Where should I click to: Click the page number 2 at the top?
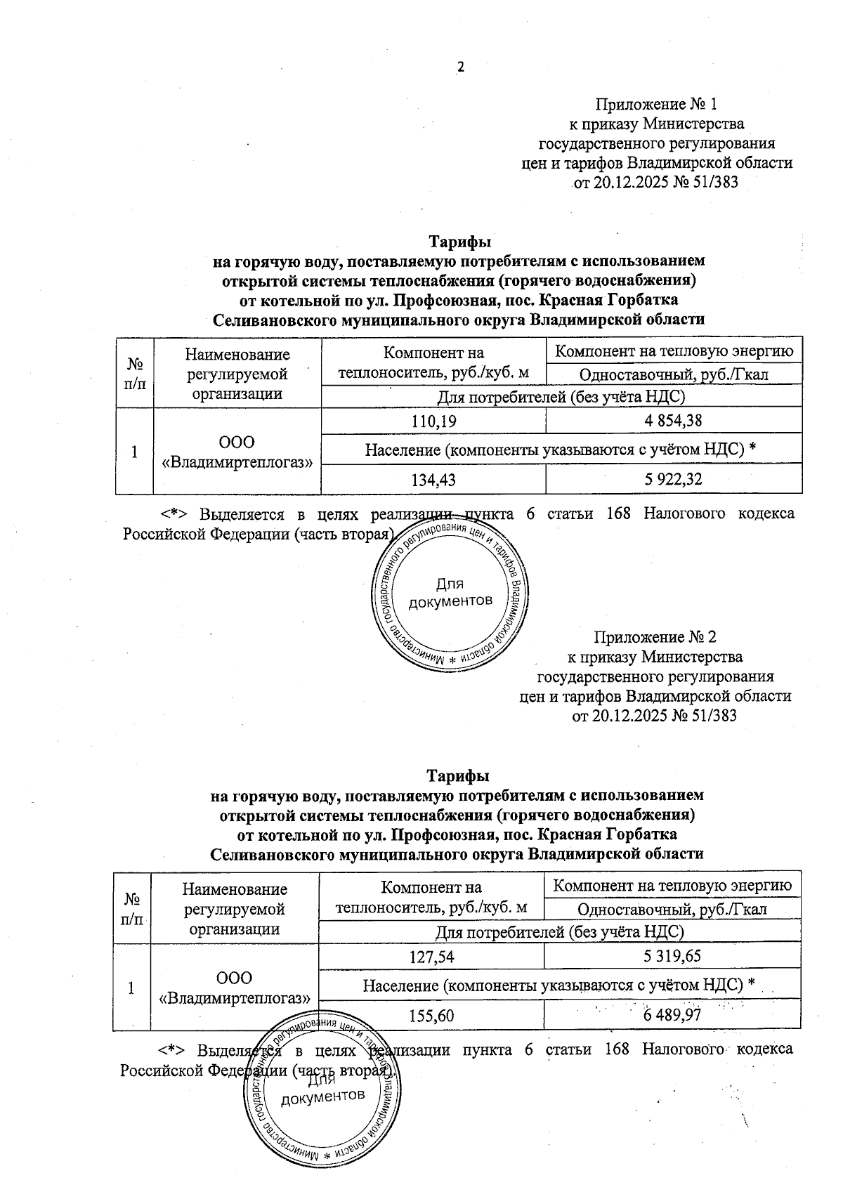(x=461, y=67)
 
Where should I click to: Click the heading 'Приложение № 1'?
(x=656, y=105)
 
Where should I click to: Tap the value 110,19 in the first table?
(x=433, y=421)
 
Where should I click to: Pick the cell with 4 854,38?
(x=673, y=421)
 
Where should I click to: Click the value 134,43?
(x=433, y=480)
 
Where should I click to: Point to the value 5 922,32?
(x=673, y=480)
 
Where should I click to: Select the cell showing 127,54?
(x=431, y=956)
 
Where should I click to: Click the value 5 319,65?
(x=672, y=956)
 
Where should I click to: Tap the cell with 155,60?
(x=431, y=1016)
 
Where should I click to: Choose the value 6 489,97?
(x=672, y=1016)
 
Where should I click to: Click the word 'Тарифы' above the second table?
(x=458, y=777)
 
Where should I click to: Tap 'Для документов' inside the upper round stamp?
(x=450, y=593)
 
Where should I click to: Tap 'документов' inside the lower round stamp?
(x=322, y=1097)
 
